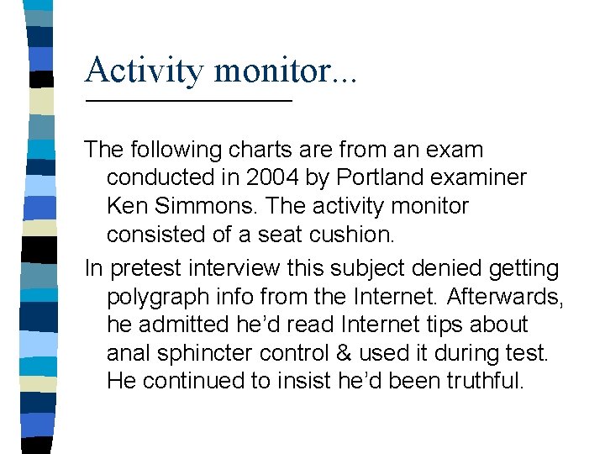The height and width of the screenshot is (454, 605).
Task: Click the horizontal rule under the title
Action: tap(188, 101)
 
